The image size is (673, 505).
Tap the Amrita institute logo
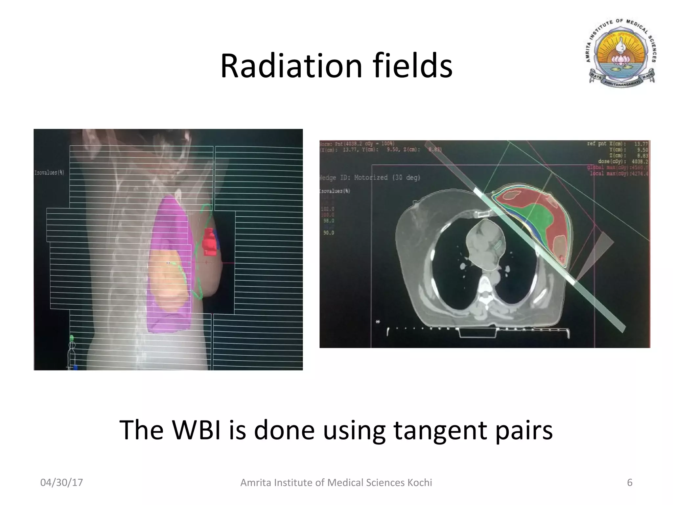tap(621, 55)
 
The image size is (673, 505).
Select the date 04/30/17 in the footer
tap(61, 483)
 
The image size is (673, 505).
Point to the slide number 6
tap(630, 483)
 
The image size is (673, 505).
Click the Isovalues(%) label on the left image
tap(49, 173)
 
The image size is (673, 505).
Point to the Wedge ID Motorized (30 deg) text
tap(370, 178)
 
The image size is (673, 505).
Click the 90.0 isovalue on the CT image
tap(329, 233)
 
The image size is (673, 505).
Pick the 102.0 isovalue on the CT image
tap(329, 209)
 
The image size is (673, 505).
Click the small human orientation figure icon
tap(72, 352)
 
